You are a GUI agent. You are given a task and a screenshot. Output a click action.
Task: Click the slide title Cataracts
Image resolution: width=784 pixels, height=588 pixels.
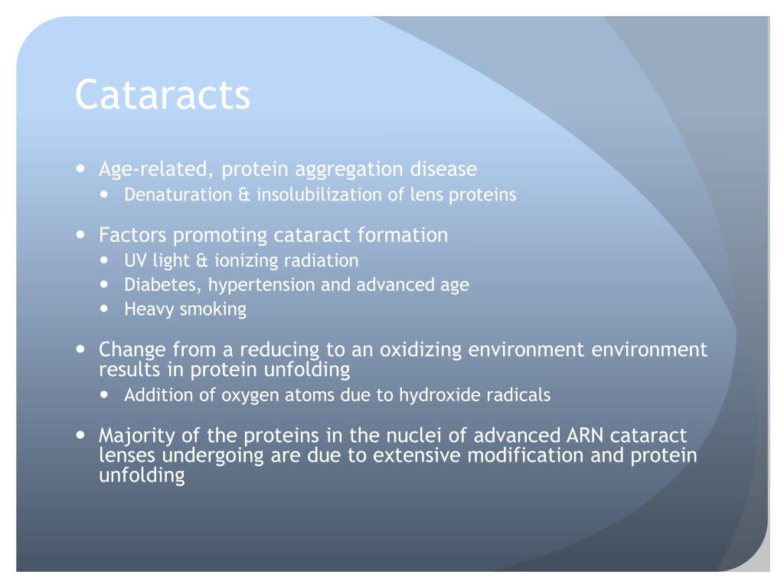[x=162, y=96]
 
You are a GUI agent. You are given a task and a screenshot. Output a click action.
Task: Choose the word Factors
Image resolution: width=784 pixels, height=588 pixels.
[x=132, y=235]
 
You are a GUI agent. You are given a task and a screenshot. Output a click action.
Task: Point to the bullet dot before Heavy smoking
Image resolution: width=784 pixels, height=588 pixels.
[x=106, y=309]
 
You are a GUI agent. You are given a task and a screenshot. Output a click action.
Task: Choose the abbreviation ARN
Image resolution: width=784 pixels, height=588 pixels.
[x=586, y=436]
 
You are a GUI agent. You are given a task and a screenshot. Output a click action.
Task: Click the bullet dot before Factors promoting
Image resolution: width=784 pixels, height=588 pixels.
[x=81, y=235]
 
